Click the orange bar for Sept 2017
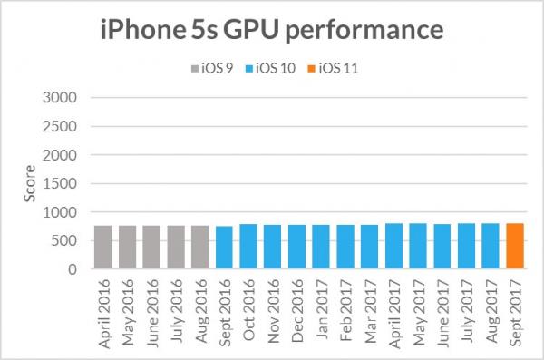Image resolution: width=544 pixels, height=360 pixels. click(x=514, y=247)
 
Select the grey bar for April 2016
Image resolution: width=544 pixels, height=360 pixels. click(x=102, y=248)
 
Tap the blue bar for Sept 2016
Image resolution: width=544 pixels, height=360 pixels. click(x=224, y=248)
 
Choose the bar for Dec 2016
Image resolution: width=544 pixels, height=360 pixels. click(x=296, y=247)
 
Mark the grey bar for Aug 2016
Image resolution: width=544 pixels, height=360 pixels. click(x=199, y=248)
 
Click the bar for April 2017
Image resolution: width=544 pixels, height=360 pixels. click(x=393, y=247)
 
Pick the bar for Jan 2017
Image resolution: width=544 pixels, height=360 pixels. click(x=321, y=247)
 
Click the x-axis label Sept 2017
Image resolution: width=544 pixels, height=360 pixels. click(x=515, y=308)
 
